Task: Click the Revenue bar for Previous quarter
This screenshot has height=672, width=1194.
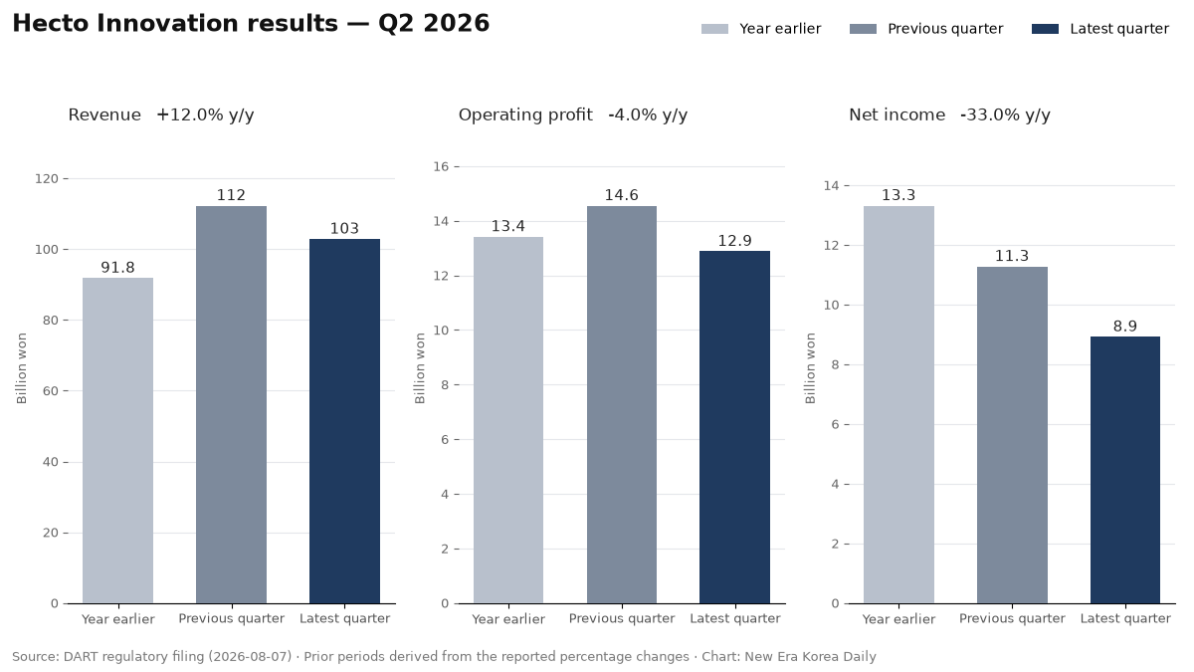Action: pos(231,405)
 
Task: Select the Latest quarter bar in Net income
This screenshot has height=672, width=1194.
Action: pos(1125,470)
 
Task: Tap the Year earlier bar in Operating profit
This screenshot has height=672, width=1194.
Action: pos(508,420)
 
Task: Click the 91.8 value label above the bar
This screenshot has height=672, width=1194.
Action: pos(117,267)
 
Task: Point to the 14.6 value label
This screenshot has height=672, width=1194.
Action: pos(622,195)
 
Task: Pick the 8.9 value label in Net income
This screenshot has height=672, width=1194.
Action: pos(1125,326)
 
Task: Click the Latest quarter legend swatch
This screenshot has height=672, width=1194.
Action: pos(1046,29)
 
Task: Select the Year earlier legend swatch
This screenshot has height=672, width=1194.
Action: pos(714,29)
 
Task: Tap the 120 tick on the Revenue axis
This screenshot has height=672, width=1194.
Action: pos(47,178)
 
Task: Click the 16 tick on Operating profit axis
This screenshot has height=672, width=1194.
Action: pos(442,167)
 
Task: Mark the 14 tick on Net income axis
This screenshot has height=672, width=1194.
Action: pos(832,185)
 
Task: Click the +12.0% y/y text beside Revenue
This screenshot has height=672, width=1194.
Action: pos(205,114)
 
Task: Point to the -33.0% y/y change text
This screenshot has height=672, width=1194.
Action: pos(1005,114)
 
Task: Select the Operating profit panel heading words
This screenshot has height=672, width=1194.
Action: pos(525,114)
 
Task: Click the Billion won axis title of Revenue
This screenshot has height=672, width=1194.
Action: pos(21,368)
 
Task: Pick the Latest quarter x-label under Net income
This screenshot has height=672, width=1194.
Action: pos(1125,618)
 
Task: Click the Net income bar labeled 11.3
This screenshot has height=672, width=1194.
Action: pos(1012,435)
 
